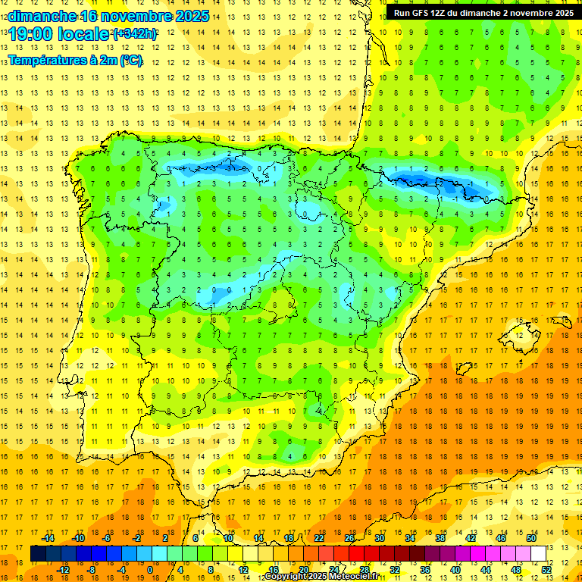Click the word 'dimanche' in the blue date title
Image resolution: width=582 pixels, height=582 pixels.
point(42,16)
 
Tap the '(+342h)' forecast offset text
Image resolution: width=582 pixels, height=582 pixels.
point(134,34)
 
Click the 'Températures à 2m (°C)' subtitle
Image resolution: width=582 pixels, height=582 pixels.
point(75,60)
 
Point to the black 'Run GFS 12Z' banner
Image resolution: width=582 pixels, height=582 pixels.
point(483,13)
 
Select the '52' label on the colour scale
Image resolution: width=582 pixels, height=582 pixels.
point(546,570)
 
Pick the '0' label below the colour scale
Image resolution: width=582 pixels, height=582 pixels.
point(150,570)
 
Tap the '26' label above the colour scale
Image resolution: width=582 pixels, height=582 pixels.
point(349,538)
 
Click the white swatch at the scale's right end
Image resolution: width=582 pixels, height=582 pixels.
point(538,554)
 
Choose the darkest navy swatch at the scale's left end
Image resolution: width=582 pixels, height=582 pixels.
point(38,554)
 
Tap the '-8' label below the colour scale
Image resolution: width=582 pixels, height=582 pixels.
point(91,570)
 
